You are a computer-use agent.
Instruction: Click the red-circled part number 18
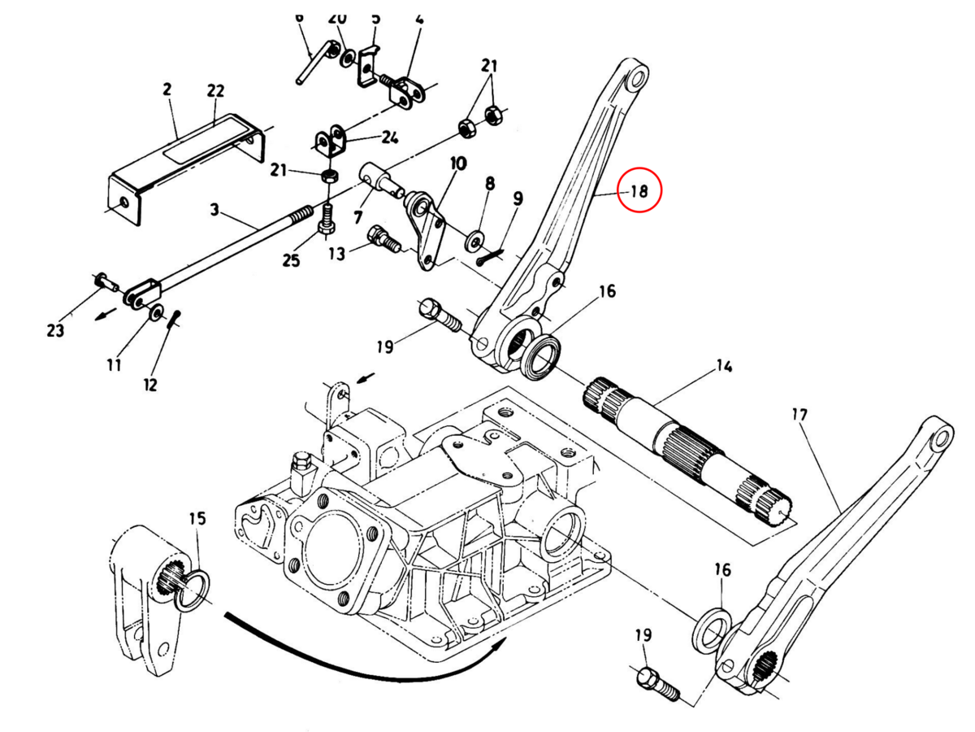click(639, 192)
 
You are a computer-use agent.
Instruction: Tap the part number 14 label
click(722, 366)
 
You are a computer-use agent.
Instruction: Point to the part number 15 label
click(197, 518)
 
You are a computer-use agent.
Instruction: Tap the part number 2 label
click(167, 89)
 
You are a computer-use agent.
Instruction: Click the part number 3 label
click(214, 211)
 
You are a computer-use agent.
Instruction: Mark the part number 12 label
click(151, 384)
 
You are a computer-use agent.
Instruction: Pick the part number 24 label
click(389, 137)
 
